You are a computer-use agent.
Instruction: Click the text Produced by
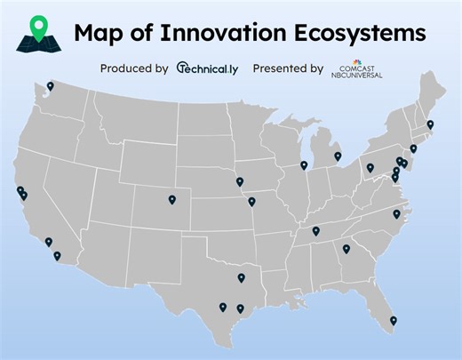134,68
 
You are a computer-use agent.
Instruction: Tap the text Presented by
288,68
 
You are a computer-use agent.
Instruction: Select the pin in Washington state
51,86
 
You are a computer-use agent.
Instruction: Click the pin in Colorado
171,199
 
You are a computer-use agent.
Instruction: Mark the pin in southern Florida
393,321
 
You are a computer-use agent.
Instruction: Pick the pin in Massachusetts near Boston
430,124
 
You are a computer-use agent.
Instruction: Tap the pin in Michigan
338,156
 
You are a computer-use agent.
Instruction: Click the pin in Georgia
346,248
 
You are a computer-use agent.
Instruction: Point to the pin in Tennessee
315,231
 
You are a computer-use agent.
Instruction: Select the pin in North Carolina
396,213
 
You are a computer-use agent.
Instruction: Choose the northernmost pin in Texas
241,277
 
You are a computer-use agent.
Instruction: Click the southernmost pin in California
57,255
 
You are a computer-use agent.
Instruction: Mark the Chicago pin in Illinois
304,164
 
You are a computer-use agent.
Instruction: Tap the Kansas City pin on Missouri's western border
251,201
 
